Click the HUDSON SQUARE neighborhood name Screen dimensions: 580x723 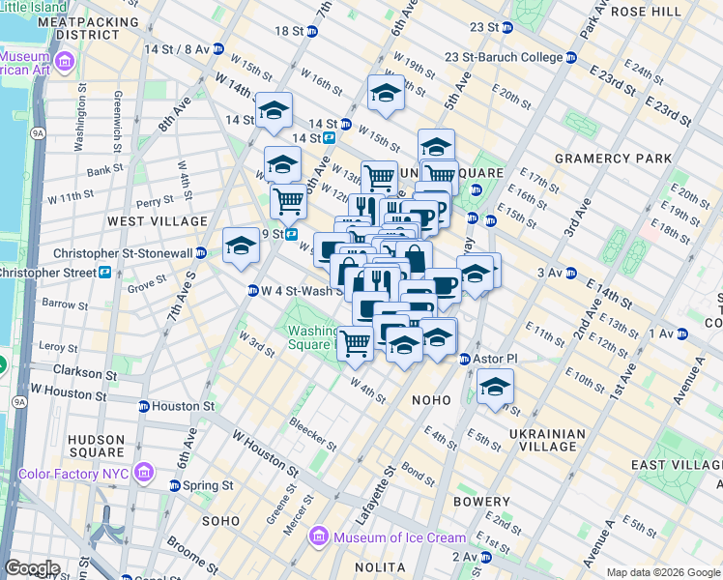coord(96,445)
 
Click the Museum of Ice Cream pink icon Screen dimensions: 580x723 coord(316,537)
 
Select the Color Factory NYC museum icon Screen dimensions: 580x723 coord(144,472)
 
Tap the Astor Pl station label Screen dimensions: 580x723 coord(496,359)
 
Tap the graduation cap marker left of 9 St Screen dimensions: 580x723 coord(241,245)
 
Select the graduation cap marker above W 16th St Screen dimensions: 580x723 coord(386,93)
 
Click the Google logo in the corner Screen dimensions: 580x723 coord(33,568)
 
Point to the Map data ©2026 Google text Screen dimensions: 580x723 coord(663,572)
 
